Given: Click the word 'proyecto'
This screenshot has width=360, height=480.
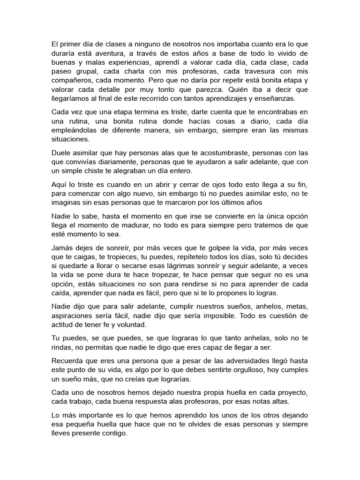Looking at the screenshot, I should tap(292, 393).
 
